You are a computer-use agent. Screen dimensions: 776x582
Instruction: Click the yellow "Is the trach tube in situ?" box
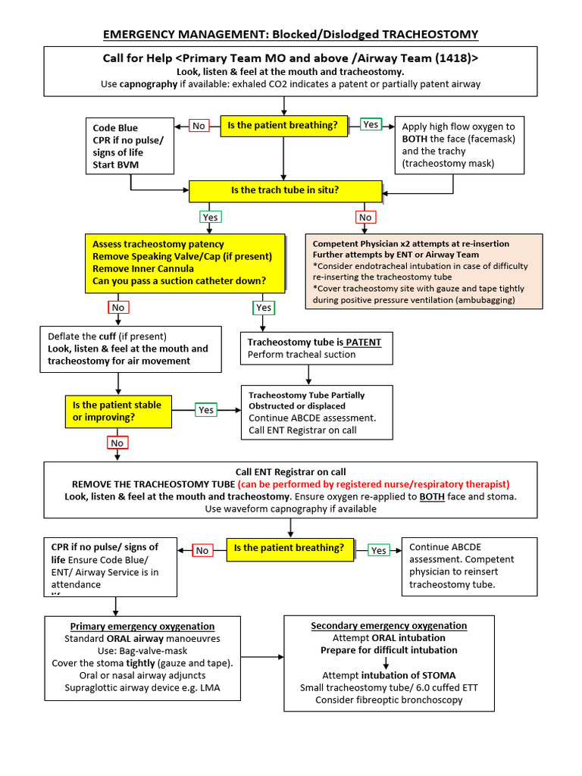coord(285,190)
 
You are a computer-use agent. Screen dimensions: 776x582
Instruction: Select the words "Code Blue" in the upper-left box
coord(115,128)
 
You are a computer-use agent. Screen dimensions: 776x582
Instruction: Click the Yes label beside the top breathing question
coord(371,124)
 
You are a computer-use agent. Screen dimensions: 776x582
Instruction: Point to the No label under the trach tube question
coord(365,217)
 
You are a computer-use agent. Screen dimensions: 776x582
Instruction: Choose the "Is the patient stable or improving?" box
coord(117,411)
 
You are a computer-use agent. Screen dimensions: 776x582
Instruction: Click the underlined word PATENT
coord(363,342)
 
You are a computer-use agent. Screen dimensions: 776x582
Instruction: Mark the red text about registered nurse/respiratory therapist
coord(373,483)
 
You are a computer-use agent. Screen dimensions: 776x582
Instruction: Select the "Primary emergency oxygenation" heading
coord(142,626)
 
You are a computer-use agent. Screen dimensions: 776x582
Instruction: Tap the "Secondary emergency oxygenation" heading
coord(389,625)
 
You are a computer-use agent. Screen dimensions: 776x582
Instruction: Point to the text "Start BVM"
coord(116,164)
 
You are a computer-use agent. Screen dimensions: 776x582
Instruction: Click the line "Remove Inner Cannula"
coord(143,268)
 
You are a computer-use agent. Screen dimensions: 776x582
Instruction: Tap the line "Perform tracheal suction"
coord(302,355)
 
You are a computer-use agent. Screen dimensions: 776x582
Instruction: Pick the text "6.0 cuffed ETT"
coord(443,687)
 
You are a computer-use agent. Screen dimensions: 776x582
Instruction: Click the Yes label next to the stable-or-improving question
coord(206,410)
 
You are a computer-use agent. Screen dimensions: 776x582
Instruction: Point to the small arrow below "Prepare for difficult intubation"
coord(386,662)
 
